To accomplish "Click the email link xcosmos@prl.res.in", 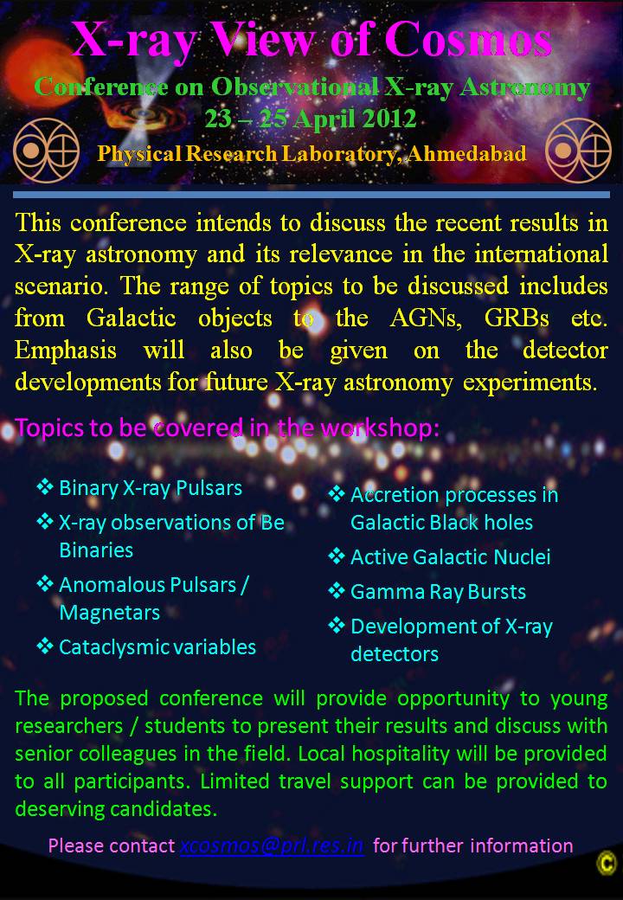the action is point(272,845).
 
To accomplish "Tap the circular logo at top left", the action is point(46,151).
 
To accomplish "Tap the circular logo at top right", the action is point(578,151).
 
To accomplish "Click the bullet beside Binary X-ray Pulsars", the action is point(44,487).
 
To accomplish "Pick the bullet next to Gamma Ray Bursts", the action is point(337,591).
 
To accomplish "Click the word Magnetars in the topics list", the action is point(110,613).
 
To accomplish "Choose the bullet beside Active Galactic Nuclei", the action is point(337,556).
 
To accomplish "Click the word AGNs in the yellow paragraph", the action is point(426,318).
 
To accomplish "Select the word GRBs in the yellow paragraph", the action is point(517,318).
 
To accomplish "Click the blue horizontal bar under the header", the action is point(311,196).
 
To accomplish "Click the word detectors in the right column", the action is point(395,653).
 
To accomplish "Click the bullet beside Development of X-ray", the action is point(337,626).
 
